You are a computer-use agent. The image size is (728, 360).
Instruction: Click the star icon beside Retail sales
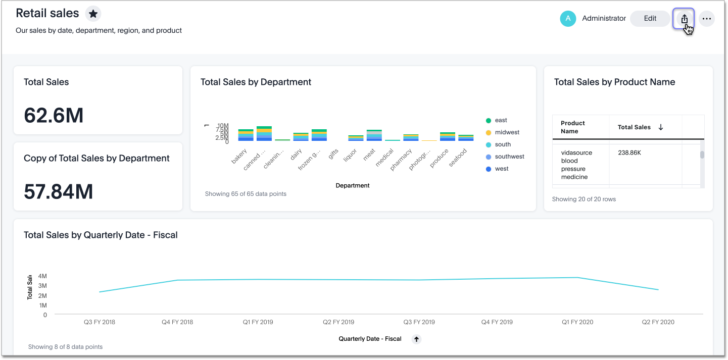pyautogui.click(x=93, y=14)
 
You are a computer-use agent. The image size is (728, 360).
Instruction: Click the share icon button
pyautogui.click(x=684, y=19)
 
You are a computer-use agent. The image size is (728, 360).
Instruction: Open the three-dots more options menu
pyautogui.click(x=707, y=19)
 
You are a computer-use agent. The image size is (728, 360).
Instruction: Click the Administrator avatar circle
pyautogui.click(x=568, y=19)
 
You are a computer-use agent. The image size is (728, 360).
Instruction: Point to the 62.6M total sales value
pyautogui.click(x=54, y=116)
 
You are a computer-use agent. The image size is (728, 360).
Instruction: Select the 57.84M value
pyautogui.click(x=59, y=192)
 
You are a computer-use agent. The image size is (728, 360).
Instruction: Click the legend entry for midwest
pyautogui.click(x=507, y=132)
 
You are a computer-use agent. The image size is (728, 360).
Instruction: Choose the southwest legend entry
pyautogui.click(x=509, y=157)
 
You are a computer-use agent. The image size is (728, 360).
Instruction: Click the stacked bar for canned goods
pyautogui.click(x=264, y=134)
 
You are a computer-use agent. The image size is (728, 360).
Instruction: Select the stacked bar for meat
pyautogui.click(x=374, y=135)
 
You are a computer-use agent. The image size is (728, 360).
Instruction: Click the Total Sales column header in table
pyautogui.click(x=634, y=127)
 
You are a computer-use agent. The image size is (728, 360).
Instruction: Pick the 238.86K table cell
pyautogui.click(x=629, y=152)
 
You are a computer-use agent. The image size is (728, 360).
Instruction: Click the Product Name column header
pyautogui.click(x=573, y=127)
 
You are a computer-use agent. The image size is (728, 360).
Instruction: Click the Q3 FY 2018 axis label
pyautogui.click(x=100, y=322)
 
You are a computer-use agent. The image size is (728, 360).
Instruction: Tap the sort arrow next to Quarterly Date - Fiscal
pyautogui.click(x=416, y=339)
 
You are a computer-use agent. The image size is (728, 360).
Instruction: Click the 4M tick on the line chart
pyautogui.click(x=42, y=276)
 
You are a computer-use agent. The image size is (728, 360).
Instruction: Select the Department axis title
pyautogui.click(x=353, y=185)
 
